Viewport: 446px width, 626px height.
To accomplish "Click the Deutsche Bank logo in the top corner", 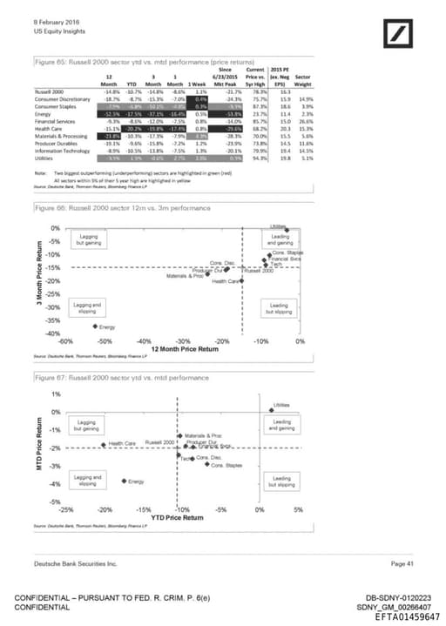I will [397, 34].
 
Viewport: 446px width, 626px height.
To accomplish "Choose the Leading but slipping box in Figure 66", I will [280, 309].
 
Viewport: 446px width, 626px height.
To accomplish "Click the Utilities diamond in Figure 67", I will [270, 410].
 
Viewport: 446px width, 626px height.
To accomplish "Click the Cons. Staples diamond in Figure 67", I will [206, 465].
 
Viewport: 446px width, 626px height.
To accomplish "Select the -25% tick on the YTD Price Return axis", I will [65, 509].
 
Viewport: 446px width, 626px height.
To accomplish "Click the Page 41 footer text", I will [402, 566].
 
